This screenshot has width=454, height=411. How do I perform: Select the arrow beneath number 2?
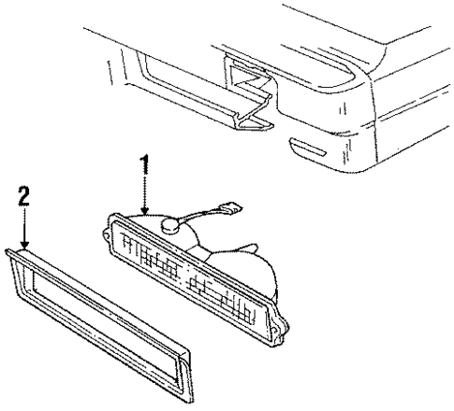[x=25, y=230]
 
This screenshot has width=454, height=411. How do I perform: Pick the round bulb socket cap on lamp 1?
[x=173, y=224]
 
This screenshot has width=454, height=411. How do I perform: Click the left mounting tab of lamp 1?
[x=107, y=234]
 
